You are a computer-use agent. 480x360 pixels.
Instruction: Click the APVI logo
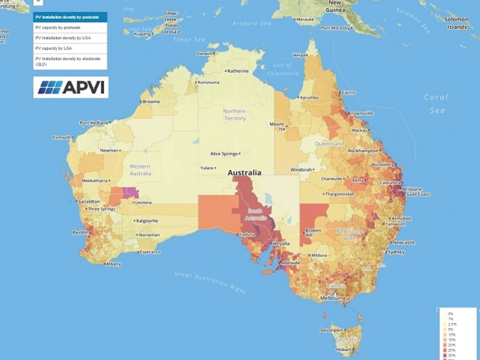point(71,87)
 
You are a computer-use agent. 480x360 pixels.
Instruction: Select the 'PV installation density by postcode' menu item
point(70,17)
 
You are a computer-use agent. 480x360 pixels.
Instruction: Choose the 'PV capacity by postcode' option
point(70,28)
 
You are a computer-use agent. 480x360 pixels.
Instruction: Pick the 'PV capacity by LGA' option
point(70,48)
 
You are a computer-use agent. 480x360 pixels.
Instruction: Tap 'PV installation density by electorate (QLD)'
point(70,61)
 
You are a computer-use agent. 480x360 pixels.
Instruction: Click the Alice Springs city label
point(224,154)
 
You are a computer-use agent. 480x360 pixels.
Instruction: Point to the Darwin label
point(204,53)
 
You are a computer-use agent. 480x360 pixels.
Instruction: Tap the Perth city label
point(78,232)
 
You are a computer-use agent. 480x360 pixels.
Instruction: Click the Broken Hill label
point(313,232)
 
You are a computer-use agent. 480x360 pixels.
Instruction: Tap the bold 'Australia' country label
point(244,172)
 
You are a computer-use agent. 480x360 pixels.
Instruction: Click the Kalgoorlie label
point(147,220)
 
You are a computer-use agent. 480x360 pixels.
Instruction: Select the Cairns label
point(348,93)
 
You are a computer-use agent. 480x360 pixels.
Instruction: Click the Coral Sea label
point(436,104)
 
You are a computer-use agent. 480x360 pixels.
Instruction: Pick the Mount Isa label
point(277,127)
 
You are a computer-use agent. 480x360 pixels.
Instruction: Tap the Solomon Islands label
point(456,23)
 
